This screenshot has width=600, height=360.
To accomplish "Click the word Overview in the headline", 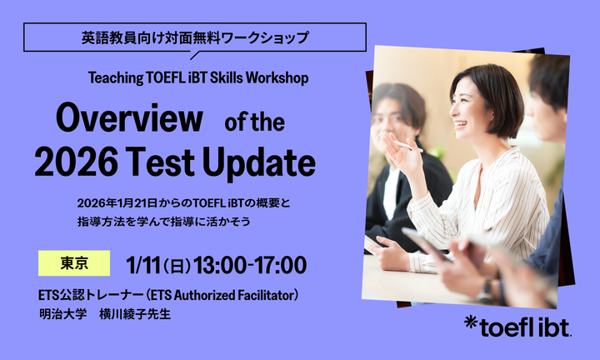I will (129, 120).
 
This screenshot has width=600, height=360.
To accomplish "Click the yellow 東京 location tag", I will (74, 262).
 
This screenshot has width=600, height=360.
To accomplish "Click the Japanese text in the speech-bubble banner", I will (195, 37).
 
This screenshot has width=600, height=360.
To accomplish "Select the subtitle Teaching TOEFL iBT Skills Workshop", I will (198, 77).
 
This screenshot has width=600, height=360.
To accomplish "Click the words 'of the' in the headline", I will (255, 122).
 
